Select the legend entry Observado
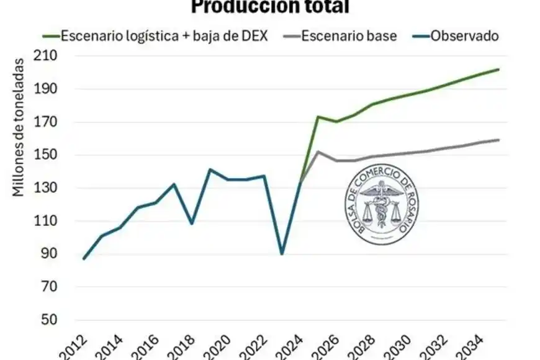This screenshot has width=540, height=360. click(x=456, y=35)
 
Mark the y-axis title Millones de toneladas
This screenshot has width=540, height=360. click(x=19, y=127)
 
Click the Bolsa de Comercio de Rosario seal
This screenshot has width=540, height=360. click(x=380, y=207)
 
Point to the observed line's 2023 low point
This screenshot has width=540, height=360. click(x=282, y=254)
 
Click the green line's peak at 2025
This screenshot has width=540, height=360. click(x=318, y=117)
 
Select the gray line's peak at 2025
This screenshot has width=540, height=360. click(x=318, y=151)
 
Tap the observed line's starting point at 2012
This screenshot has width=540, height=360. click(x=84, y=259)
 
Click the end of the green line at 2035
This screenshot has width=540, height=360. click(x=498, y=70)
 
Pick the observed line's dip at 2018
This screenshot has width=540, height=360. click(x=192, y=223)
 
